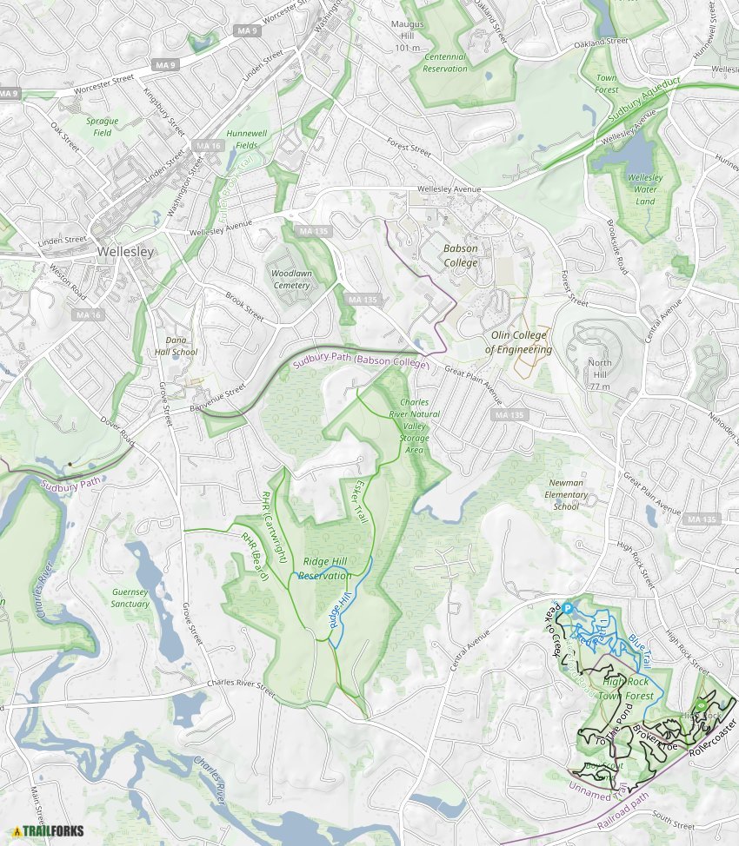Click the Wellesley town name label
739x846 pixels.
125,252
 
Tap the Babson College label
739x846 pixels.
461,255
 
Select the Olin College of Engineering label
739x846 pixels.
518,342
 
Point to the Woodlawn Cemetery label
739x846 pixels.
290,279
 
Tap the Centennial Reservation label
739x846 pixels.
446,63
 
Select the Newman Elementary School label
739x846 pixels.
566,494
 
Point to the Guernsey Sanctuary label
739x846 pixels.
130,598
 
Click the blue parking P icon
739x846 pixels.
567,609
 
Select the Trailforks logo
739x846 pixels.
50,831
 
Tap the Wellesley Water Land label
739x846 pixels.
645,189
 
